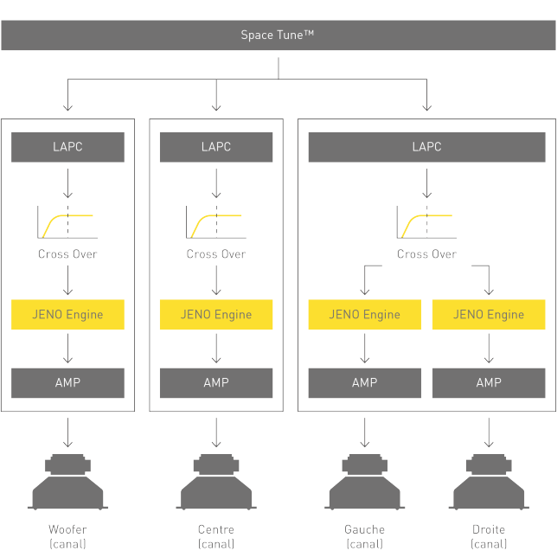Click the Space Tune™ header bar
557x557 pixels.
pyautogui.click(x=278, y=35)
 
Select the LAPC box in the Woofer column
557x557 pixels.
pyautogui.click(x=67, y=147)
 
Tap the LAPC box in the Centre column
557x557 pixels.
pyautogui.click(x=216, y=147)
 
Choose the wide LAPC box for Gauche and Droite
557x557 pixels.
pyautogui.click(x=426, y=147)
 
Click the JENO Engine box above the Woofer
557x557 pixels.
pyautogui.click(x=67, y=314)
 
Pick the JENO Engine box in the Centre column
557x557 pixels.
pyautogui.click(x=216, y=314)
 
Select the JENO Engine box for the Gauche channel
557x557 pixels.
pyautogui.click(x=364, y=314)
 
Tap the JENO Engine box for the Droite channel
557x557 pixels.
pyautogui.click(x=489, y=314)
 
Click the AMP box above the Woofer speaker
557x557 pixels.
pyautogui.click(x=67, y=382)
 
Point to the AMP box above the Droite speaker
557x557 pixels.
pyautogui.click(x=489, y=382)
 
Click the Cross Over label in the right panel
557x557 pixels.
pyautogui.click(x=426, y=254)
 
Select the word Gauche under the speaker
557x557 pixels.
pyautogui.click(x=364, y=529)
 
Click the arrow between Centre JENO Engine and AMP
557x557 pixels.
pyautogui.click(x=216, y=349)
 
